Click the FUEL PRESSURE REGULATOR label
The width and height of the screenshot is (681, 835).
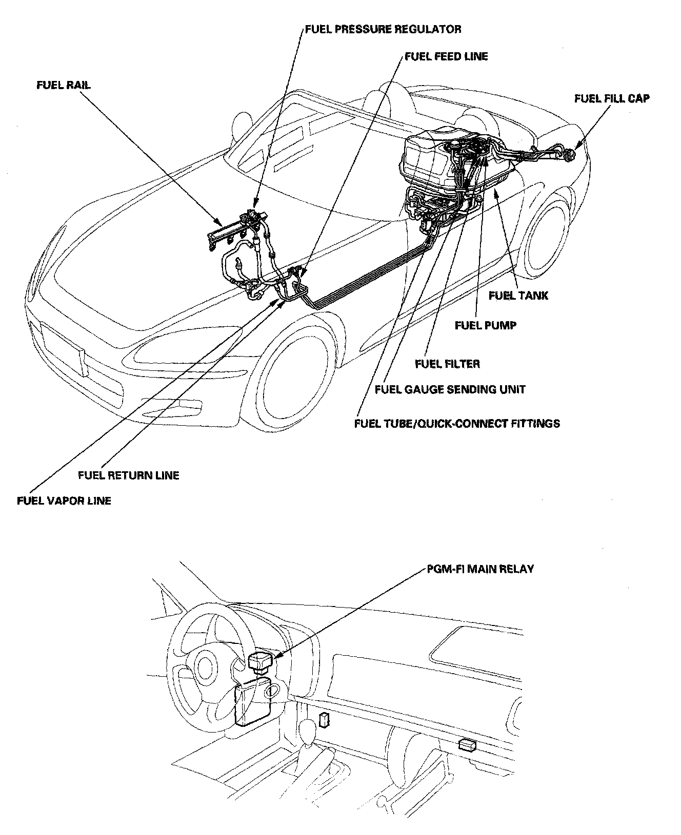(x=383, y=29)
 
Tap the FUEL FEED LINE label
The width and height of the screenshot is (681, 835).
(x=446, y=56)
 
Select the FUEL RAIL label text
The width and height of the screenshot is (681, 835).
(x=64, y=85)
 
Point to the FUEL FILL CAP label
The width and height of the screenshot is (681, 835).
(x=611, y=98)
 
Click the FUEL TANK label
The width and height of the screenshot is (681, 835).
(x=518, y=296)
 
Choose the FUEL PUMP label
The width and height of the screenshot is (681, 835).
(x=485, y=325)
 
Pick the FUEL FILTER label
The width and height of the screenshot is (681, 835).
(x=447, y=364)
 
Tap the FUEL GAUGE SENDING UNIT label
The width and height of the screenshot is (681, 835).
(x=450, y=389)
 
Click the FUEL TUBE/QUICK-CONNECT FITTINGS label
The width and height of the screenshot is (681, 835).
(x=457, y=423)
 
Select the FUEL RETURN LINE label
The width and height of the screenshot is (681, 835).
(x=129, y=475)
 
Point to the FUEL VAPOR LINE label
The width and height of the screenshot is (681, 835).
(x=64, y=500)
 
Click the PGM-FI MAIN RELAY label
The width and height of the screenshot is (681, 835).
(x=480, y=569)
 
